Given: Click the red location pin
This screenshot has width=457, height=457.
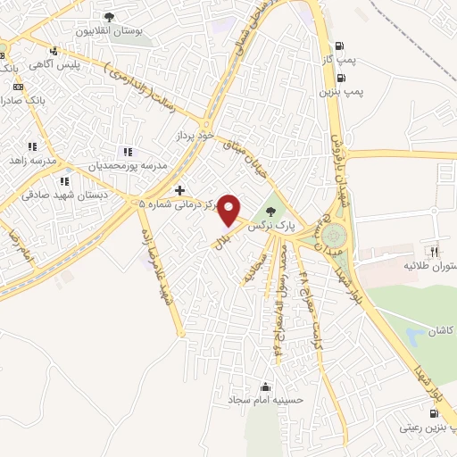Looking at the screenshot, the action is point(230,210).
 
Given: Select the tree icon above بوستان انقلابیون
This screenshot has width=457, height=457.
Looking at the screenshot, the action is point(110,17).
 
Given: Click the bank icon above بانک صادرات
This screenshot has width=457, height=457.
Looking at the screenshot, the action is point(19,87).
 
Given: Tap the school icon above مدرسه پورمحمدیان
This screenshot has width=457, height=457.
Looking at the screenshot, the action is point(129,152).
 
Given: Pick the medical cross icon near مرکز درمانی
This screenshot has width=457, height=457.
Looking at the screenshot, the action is point(180,190).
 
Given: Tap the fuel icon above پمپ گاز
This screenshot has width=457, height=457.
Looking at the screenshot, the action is point(339,47).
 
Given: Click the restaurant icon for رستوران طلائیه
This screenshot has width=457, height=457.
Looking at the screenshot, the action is point(435,253).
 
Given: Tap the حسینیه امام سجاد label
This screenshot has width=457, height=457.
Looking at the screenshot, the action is point(267,401).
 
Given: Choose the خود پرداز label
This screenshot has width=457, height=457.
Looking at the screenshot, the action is point(195,135).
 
